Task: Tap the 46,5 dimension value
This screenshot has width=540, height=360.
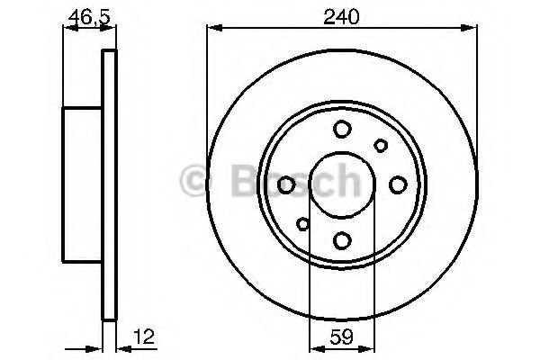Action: click(x=83, y=15)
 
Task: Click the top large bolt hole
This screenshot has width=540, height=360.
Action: click(x=342, y=130)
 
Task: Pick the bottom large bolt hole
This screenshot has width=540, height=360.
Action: click(x=342, y=240)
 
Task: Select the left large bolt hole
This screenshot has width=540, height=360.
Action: click(x=287, y=184)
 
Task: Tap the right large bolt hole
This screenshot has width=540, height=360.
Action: click(x=398, y=184)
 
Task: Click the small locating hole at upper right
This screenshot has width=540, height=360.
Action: click(x=381, y=146)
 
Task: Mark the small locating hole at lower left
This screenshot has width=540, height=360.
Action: click(x=303, y=224)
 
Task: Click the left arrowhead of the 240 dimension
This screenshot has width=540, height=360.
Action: click(x=213, y=30)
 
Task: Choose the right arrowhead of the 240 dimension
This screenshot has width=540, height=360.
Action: click(x=472, y=30)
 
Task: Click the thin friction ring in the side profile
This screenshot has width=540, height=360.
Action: click(x=110, y=184)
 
